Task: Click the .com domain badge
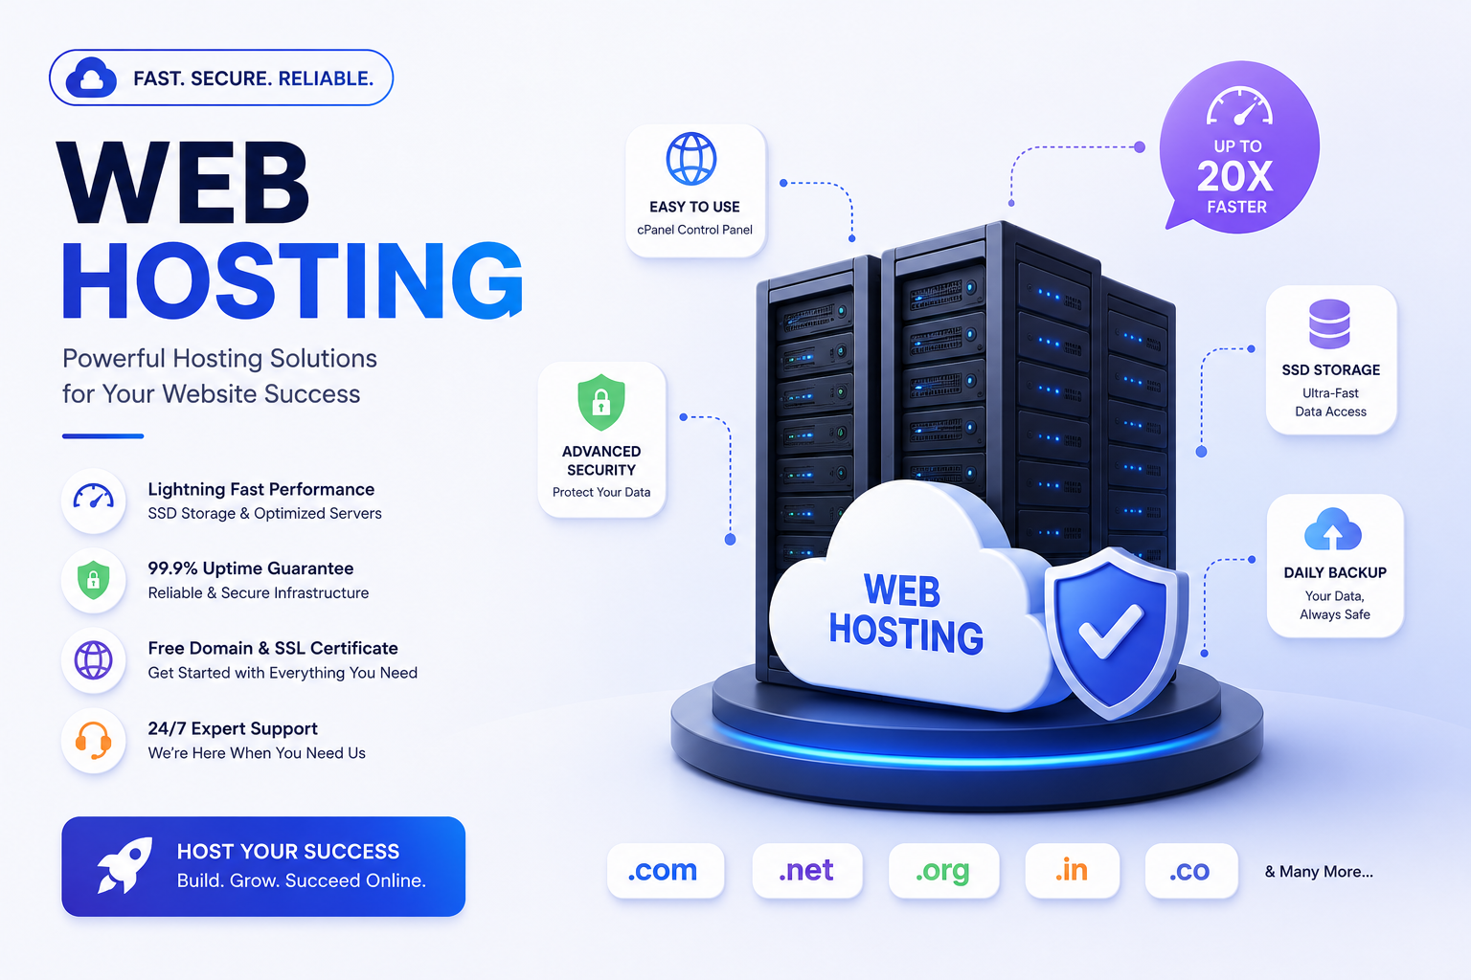point(666,870)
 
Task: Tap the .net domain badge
point(806,870)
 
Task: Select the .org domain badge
point(943,870)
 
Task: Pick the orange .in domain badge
point(1072,870)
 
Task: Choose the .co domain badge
point(1190,870)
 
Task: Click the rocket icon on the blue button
point(124,865)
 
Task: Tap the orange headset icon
point(93,741)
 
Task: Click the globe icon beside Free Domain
point(93,659)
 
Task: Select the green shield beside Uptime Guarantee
point(93,580)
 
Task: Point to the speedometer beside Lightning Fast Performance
point(93,497)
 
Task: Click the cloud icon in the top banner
point(91,78)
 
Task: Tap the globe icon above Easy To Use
point(691,158)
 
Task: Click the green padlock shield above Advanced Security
point(600,402)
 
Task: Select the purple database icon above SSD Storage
point(1330,323)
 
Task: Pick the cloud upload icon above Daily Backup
point(1333,529)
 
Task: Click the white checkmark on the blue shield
point(1111,630)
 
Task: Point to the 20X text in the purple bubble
point(1235,176)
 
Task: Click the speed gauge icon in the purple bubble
point(1239,105)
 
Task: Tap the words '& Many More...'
point(1319,872)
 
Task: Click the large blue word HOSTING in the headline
point(292,281)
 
